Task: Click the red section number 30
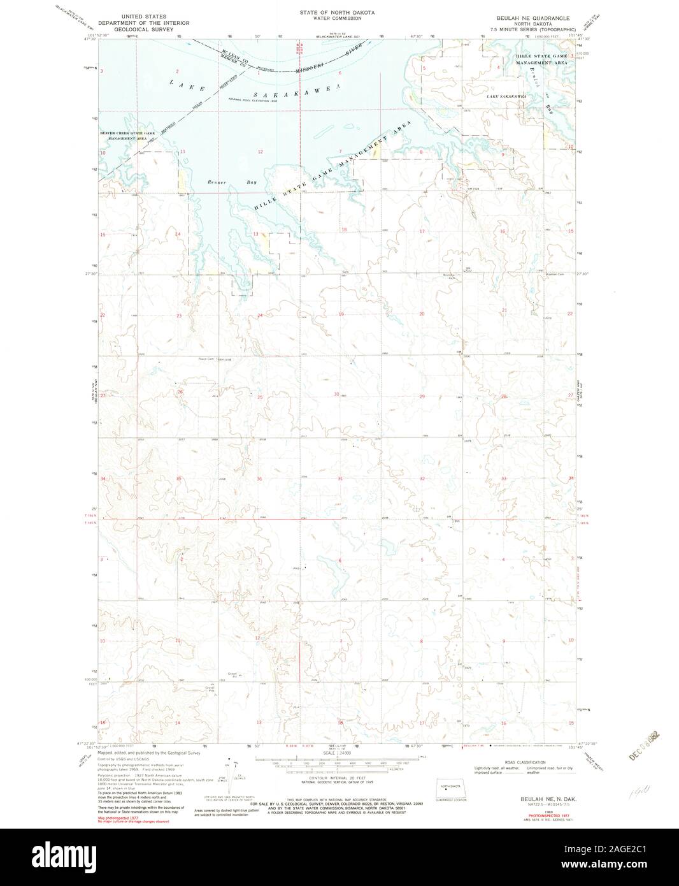pyautogui.click(x=337, y=394)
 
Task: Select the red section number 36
pyautogui.click(x=259, y=479)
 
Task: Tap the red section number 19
pyautogui.click(x=341, y=314)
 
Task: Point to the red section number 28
pyautogui.click(x=504, y=396)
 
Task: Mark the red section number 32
pyautogui.click(x=422, y=478)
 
